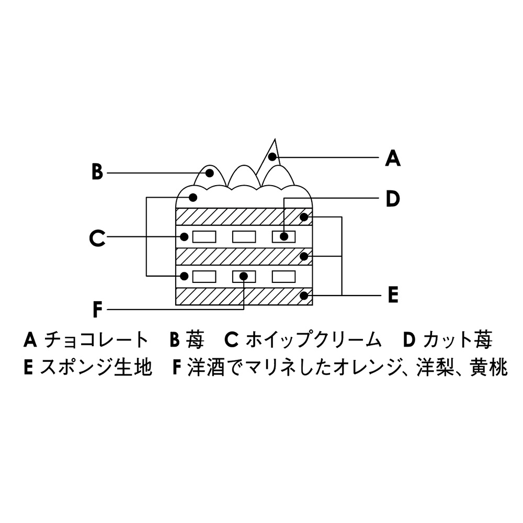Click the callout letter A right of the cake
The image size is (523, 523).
point(392,157)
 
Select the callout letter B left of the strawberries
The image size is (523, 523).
point(97,172)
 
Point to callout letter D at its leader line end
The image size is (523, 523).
point(392,198)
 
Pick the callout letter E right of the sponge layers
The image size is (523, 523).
point(393,294)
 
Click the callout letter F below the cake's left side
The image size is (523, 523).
point(98,310)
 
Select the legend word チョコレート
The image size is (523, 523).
point(97,340)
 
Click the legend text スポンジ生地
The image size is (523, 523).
point(96,368)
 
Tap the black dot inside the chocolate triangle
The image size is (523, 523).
point(272,156)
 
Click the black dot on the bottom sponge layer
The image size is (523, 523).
point(303,296)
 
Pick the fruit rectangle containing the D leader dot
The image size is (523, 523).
point(284,236)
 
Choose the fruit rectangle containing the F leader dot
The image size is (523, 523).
point(244,276)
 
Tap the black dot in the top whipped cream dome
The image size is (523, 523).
point(192,197)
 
